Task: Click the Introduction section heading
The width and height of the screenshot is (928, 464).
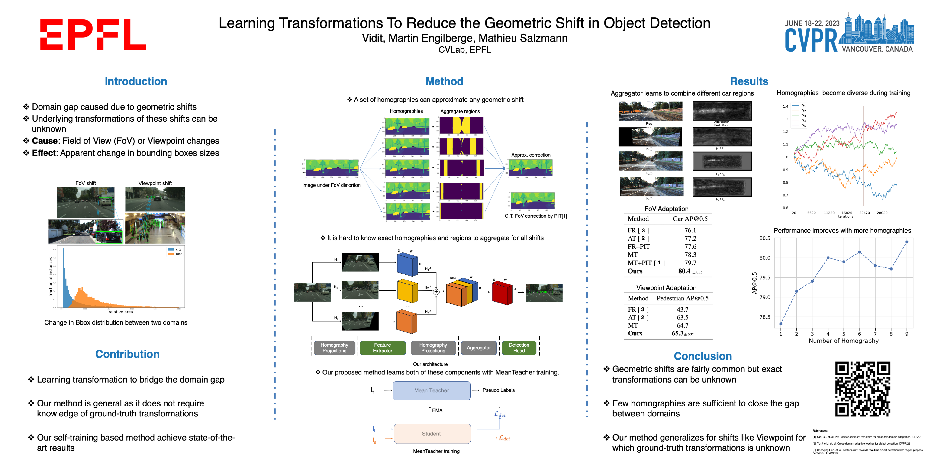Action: click(136, 81)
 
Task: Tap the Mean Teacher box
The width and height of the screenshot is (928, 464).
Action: click(431, 390)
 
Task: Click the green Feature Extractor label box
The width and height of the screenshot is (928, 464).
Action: click(382, 348)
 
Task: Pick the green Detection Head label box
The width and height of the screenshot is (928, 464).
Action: click(519, 348)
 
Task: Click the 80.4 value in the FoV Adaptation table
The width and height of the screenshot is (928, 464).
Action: click(684, 271)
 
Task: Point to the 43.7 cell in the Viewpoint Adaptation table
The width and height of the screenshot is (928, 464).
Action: click(682, 309)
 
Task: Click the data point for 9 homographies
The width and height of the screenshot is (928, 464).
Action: click(907, 242)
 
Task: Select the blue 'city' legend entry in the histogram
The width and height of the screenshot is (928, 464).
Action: click(174, 249)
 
